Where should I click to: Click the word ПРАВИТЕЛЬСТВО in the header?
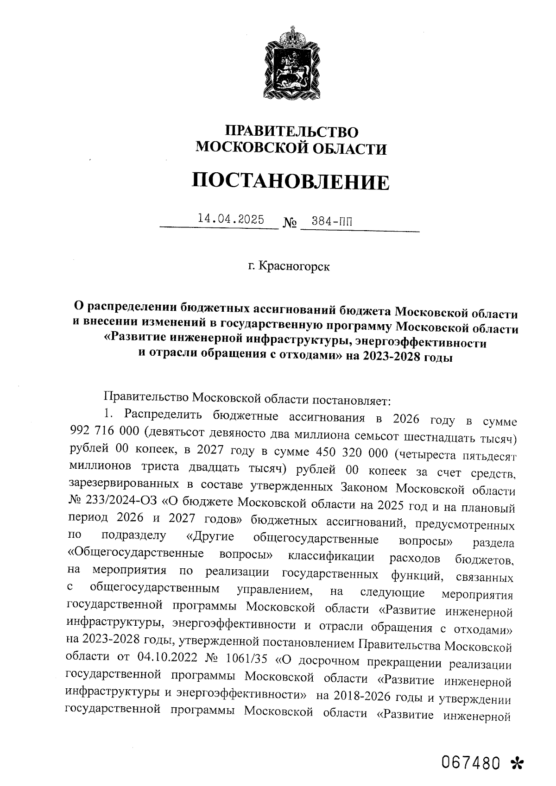[291, 132]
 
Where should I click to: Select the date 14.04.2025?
[231, 219]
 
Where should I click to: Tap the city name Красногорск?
[294, 267]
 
